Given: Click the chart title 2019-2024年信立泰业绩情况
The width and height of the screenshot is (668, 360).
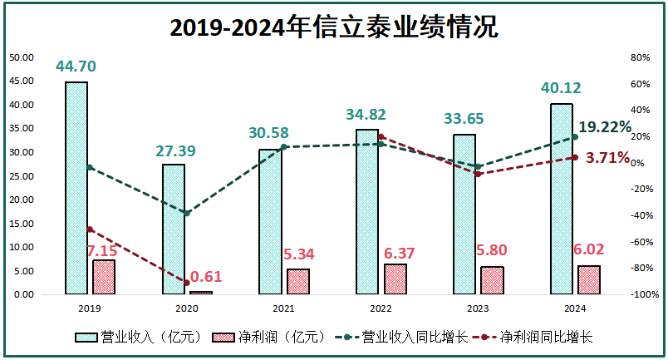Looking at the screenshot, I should (x=333, y=27).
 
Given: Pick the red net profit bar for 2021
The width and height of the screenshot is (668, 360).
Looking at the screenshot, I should (x=297, y=281).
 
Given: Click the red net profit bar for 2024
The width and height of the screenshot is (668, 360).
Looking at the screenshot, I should (x=588, y=279).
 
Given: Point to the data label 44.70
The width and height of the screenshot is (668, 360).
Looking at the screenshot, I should (x=76, y=67).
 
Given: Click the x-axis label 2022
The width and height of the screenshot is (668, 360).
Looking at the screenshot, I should (x=381, y=308).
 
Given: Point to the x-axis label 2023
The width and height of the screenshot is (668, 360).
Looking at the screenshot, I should (x=478, y=308).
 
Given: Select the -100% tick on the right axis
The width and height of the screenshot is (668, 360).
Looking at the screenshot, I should (x=646, y=295).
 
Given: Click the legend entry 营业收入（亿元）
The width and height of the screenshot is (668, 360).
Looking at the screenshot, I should (x=138, y=337).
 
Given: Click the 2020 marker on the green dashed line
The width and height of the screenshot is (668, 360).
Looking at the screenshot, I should (x=187, y=214).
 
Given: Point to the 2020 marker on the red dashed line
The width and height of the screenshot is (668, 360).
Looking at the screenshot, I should (x=187, y=283).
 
